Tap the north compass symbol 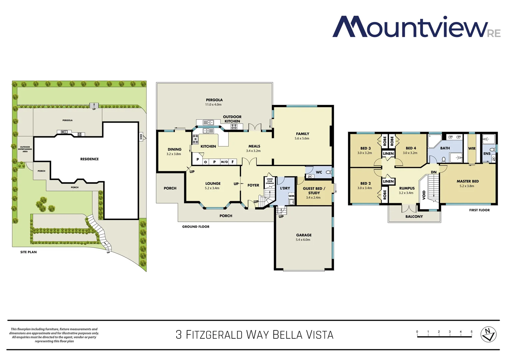(488, 334)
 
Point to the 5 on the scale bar (471, 332)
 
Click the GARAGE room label (303, 235)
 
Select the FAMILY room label (302, 134)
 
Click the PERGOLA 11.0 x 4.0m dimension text (213, 105)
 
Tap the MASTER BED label (467, 181)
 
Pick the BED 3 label (365, 148)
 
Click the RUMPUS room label (407, 188)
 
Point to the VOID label (424, 195)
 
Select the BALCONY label (414, 217)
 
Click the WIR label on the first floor (472, 148)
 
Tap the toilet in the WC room (328, 172)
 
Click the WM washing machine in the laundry (291, 196)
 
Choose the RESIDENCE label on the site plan (89, 159)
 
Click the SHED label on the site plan (141, 137)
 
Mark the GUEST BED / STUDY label (314, 191)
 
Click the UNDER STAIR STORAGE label (270, 181)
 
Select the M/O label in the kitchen (224, 162)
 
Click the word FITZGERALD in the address (214, 335)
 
